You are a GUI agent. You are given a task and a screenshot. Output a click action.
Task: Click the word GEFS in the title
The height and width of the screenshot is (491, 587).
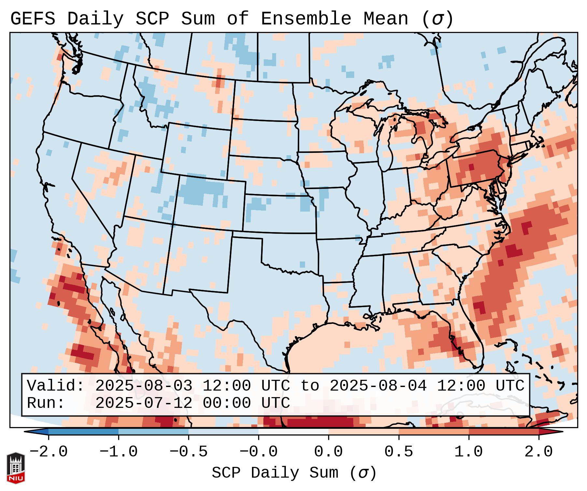(33, 19)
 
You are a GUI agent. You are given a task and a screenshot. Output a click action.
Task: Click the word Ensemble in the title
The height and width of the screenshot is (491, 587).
(306, 19)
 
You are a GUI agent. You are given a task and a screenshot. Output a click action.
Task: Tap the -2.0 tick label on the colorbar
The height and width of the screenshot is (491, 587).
(49, 452)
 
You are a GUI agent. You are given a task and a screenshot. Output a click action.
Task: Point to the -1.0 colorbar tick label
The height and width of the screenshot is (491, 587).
(119, 452)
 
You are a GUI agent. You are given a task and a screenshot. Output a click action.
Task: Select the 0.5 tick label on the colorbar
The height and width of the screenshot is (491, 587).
(398, 452)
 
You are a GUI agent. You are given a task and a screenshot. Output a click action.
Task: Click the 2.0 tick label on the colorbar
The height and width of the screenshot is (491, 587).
(538, 452)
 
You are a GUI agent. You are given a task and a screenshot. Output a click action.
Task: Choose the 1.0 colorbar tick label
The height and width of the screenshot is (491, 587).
(468, 452)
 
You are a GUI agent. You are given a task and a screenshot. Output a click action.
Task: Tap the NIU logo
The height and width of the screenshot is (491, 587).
(16, 468)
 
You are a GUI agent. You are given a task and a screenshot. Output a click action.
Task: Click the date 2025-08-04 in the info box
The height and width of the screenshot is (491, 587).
(378, 386)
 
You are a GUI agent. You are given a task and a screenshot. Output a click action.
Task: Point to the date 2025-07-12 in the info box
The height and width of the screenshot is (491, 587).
(144, 403)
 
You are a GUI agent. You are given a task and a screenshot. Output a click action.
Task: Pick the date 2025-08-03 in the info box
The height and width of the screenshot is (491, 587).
(144, 386)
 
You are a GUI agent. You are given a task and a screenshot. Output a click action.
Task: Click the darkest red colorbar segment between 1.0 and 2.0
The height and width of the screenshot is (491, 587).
(504, 432)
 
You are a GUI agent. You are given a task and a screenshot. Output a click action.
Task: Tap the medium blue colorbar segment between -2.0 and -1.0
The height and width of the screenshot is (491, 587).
(83, 432)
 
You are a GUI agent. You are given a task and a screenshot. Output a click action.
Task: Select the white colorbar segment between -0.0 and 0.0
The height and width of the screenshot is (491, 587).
(293, 432)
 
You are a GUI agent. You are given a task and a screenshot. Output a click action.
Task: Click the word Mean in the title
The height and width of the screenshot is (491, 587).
(385, 19)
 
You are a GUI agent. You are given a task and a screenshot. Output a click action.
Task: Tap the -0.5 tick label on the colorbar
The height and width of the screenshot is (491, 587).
(189, 452)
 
